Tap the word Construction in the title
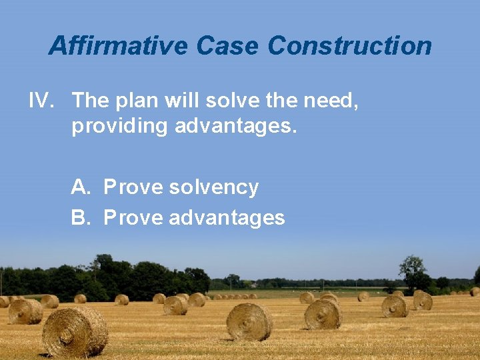pos(349,46)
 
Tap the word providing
pos(119,126)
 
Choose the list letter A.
pos(80,187)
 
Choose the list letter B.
pos(80,217)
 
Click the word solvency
pos(213,188)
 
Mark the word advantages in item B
pos(227,218)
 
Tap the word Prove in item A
pos(133,187)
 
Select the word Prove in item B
pos(133,217)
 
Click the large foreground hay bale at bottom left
pos(75,331)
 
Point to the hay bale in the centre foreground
pos(249,322)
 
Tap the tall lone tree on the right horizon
pos(413,271)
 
